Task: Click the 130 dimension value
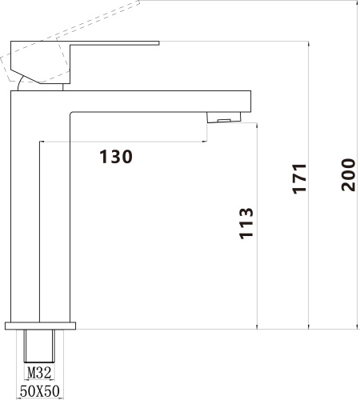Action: pyautogui.click(x=116, y=157)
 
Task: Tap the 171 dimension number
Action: pyautogui.click(x=299, y=178)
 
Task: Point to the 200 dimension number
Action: pyautogui.click(x=347, y=174)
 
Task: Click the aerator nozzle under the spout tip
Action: pyautogui.click(x=223, y=119)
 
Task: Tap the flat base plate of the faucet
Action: pyautogui.click(x=41, y=325)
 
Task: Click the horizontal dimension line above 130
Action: pyautogui.click(x=120, y=142)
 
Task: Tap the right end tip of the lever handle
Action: pyautogui.click(x=158, y=42)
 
